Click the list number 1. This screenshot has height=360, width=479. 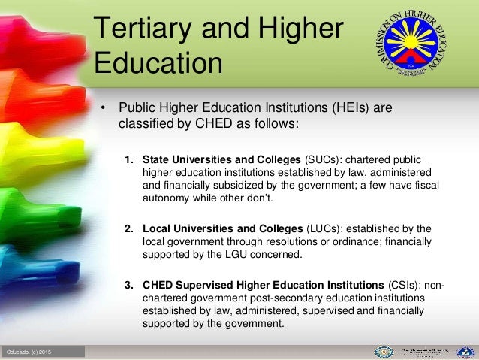pos(128,159)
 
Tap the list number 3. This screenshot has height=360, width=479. pos(128,285)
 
